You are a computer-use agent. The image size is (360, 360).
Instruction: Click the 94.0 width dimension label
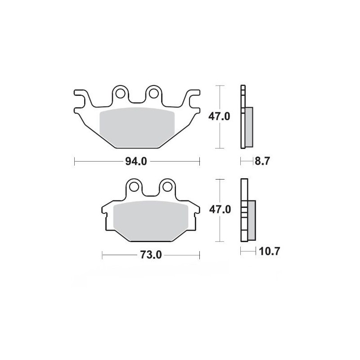136,161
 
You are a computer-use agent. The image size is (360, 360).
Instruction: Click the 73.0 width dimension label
150,255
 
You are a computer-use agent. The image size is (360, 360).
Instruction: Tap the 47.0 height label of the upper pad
219,116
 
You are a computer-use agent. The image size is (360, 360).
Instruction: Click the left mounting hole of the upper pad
120,94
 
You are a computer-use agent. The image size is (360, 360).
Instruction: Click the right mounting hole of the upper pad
153,94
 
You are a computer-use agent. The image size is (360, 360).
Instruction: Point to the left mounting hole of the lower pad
134,187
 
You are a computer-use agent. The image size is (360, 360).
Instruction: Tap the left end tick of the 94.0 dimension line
74,161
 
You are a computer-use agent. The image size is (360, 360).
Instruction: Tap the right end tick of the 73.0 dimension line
198,255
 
